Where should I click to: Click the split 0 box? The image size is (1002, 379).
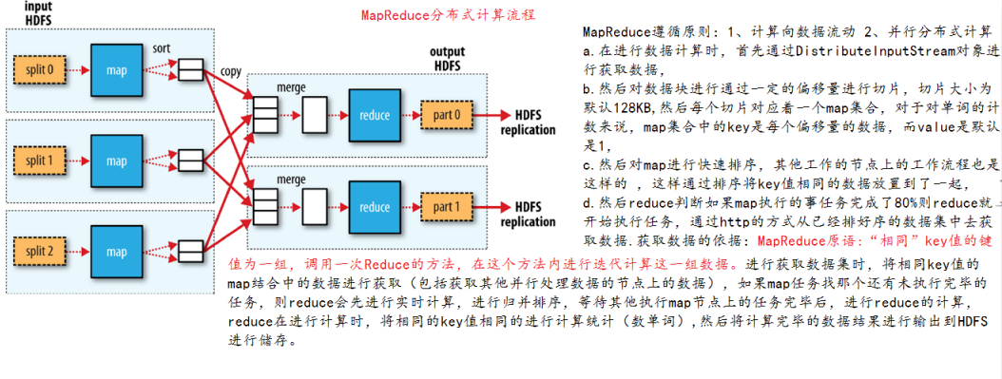coord(38,69)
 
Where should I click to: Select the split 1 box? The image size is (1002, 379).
coord(38,161)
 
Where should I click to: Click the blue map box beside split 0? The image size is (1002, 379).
coord(117,68)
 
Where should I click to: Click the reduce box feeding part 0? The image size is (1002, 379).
coord(375,115)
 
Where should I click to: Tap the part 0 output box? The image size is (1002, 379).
coord(447,115)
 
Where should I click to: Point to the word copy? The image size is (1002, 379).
coord(231,72)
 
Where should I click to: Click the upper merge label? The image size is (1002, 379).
coord(290,87)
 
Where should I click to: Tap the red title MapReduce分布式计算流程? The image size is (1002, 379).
coord(448,16)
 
